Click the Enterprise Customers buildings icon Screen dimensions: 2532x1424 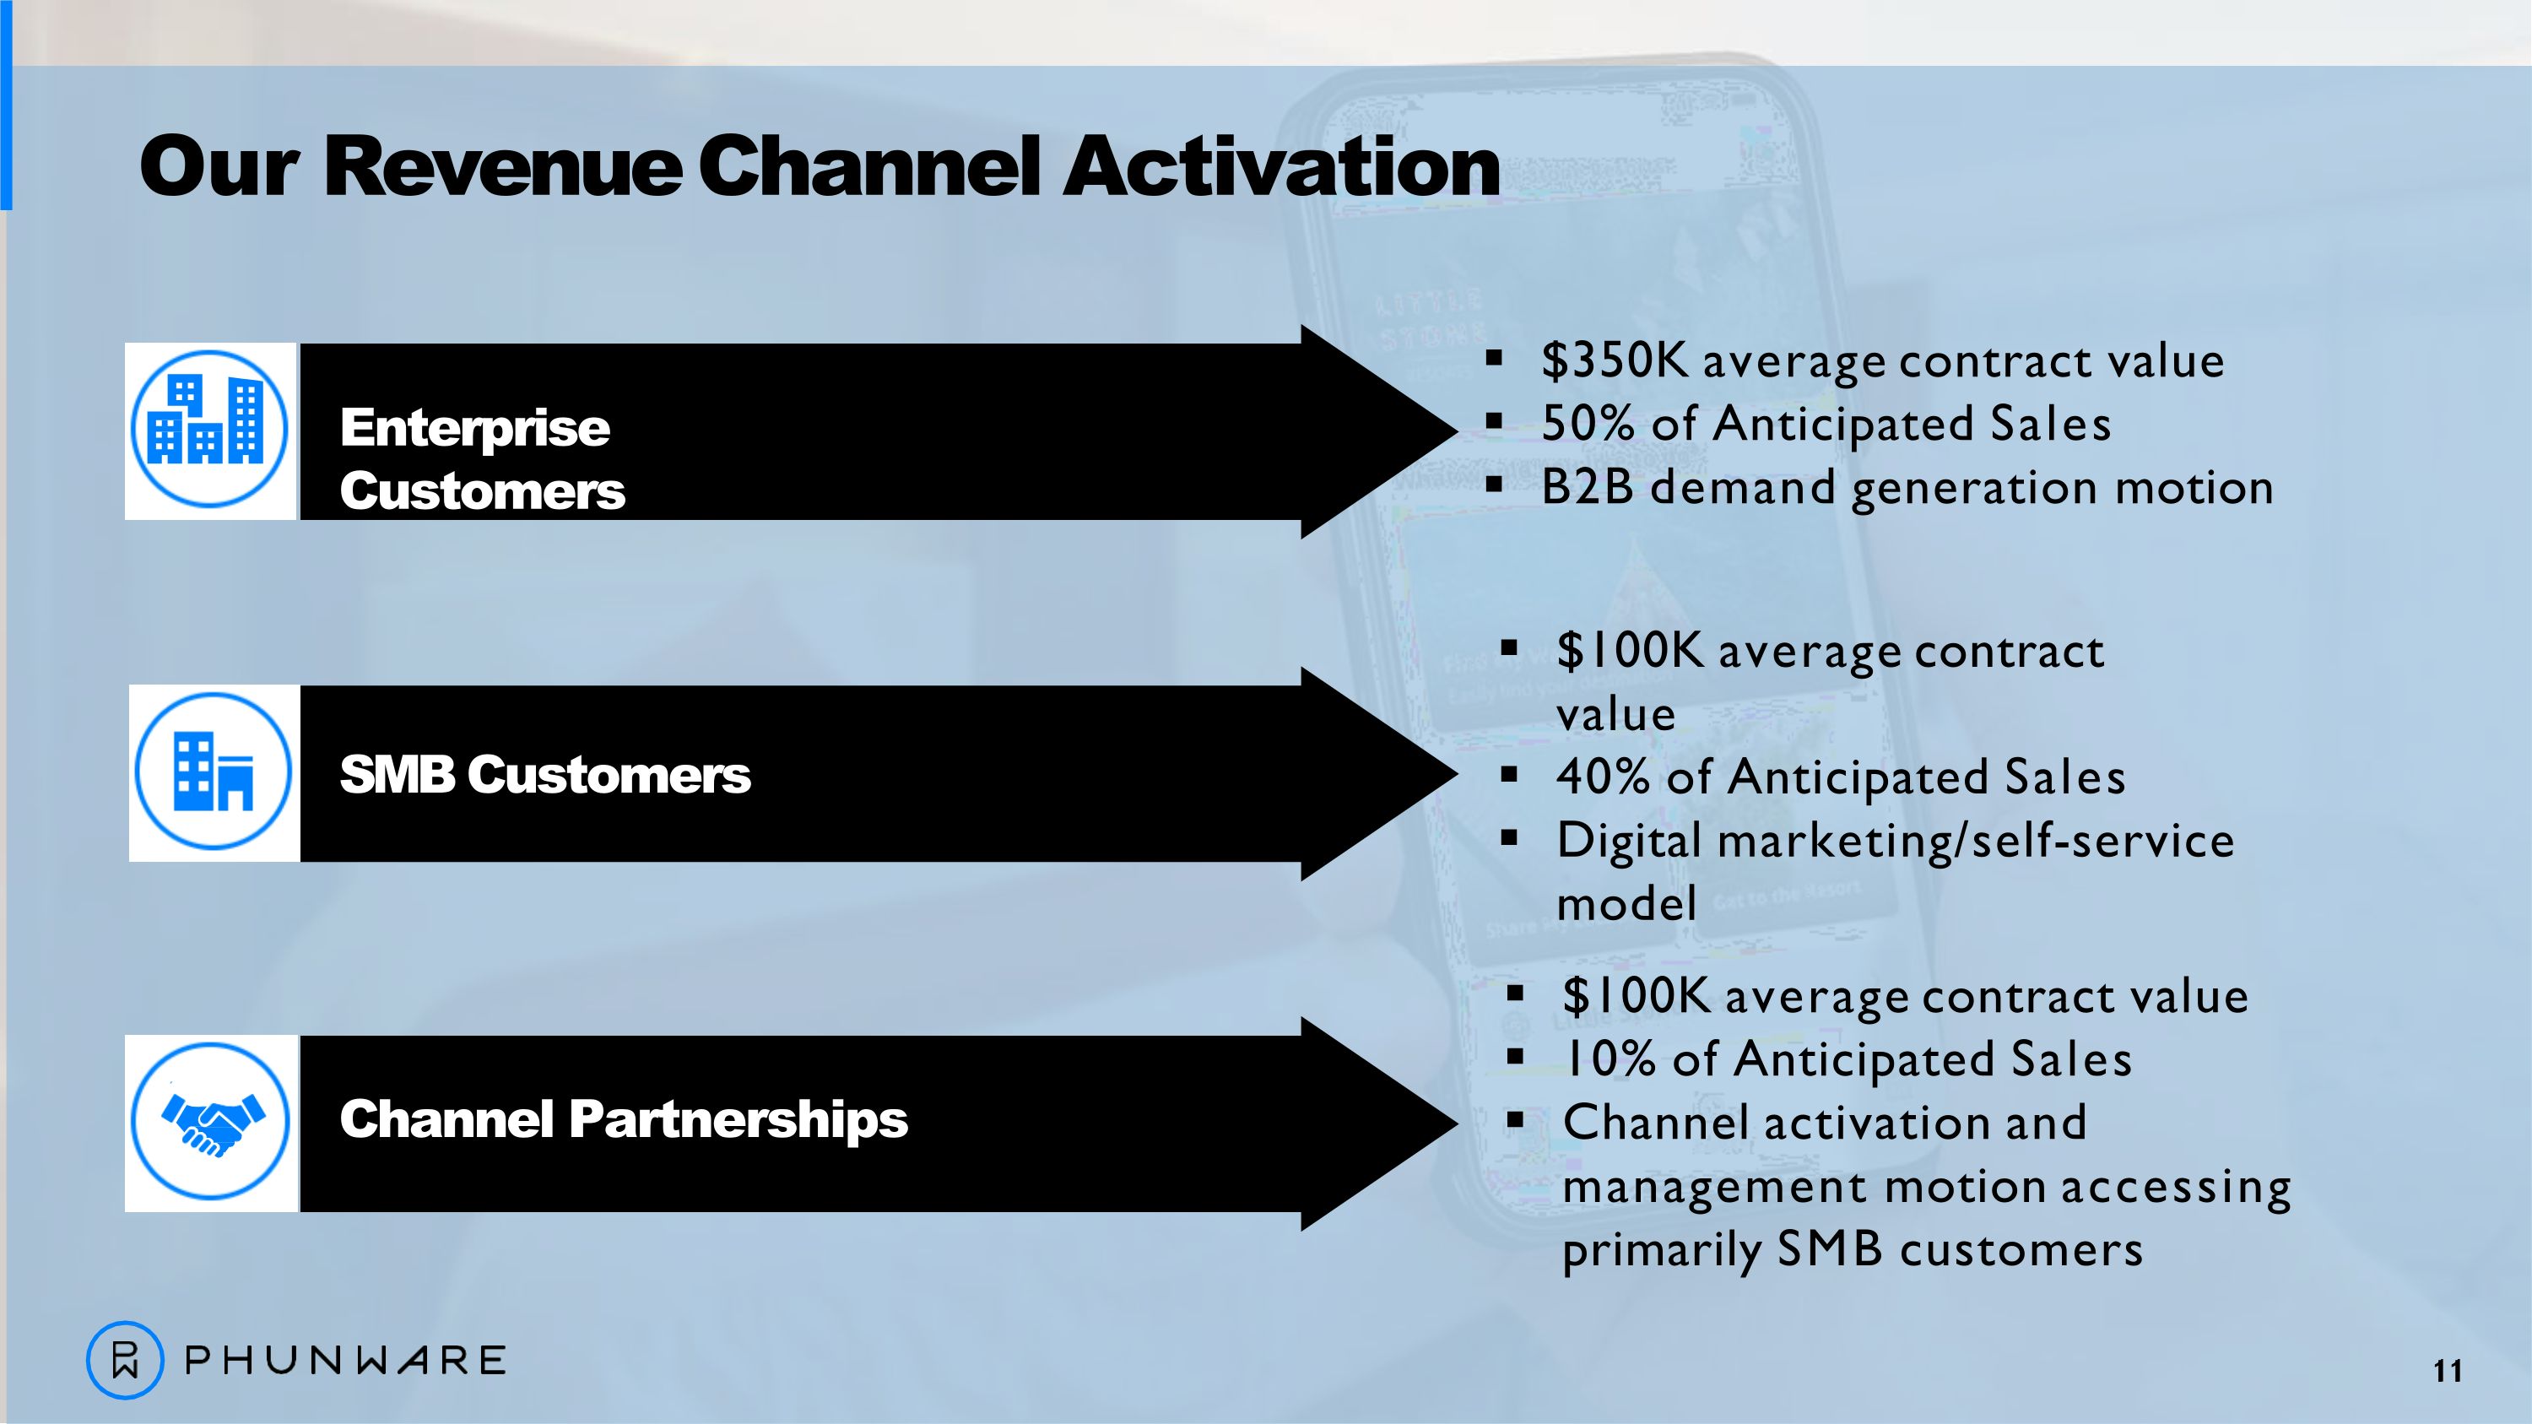click(x=209, y=430)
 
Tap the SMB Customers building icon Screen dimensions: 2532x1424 click(x=214, y=772)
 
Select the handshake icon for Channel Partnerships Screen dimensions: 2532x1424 click(x=210, y=1121)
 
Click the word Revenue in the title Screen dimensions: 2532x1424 click(x=502, y=166)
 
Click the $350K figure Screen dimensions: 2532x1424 click(x=1615, y=360)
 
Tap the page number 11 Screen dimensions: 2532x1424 click(x=2448, y=1371)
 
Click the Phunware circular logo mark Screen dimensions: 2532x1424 click(x=125, y=1360)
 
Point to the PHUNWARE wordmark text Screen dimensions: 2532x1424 click(x=345, y=1360)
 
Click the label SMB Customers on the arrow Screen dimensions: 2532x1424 click(x=545, y=774)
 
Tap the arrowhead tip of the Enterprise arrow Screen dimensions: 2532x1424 click(x=1457, y=430)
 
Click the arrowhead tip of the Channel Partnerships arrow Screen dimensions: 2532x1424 click(x=1457, y=1123)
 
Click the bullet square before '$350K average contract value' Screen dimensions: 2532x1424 click(x=1494, y=359)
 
